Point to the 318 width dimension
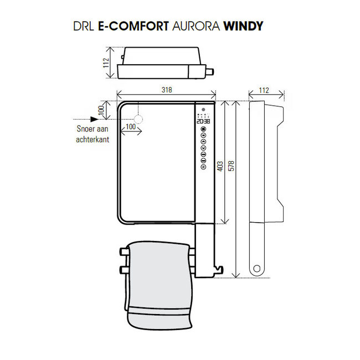point(166,89)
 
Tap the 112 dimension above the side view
point(264,90)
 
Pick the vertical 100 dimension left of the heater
point(101,111)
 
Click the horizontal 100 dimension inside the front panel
point(131,127)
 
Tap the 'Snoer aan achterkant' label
point(92,135)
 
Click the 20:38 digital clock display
point(203,121)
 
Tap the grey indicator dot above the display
point(203,109)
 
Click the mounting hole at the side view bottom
point(256,270)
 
